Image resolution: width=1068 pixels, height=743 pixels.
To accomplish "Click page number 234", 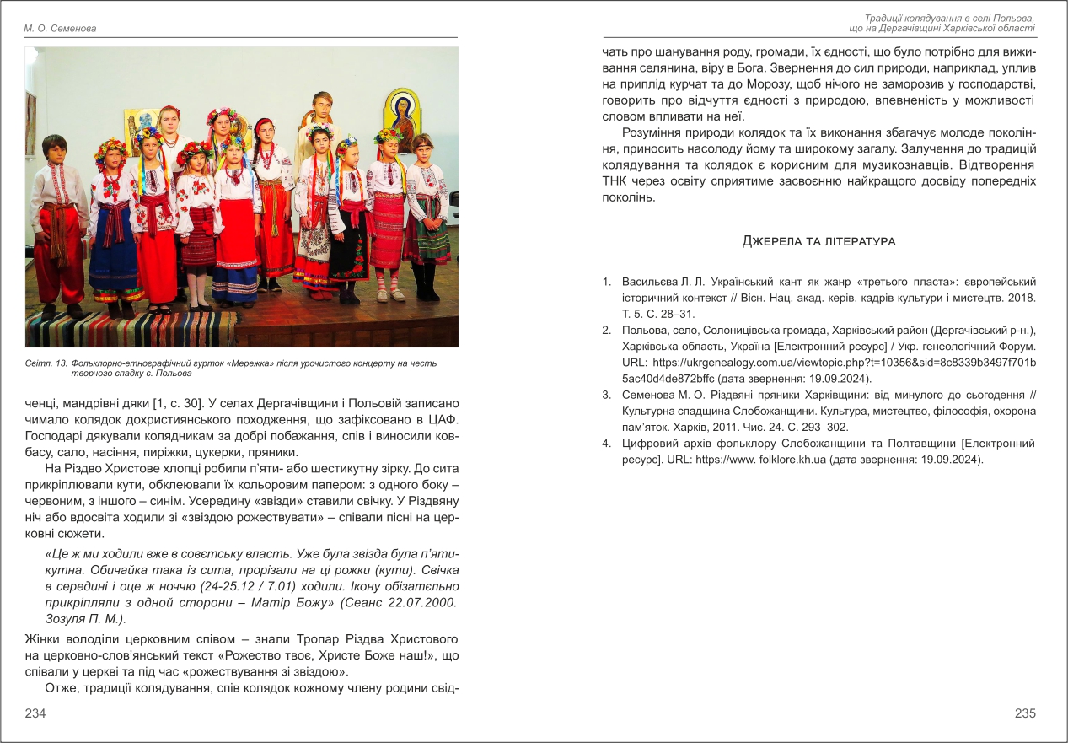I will pos(35,713).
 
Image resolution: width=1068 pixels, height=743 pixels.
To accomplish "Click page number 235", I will pos(1025,713).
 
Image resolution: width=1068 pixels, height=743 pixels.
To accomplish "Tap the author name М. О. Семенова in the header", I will pos(60,29).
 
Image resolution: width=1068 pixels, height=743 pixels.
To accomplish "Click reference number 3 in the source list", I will pos(606,394).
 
